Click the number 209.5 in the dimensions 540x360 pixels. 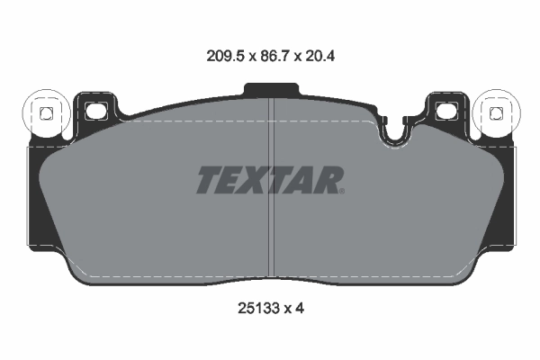(x=224, y=55)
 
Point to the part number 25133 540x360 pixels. (x=253, y=308)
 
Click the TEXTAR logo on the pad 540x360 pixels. (x=270, y=180)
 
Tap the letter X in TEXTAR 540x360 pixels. (x=256, y=180)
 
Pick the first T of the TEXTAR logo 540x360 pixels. (x=209, y=180)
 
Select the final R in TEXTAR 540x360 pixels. (x=329, y=180)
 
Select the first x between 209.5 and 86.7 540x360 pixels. (x=250, y=55)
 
